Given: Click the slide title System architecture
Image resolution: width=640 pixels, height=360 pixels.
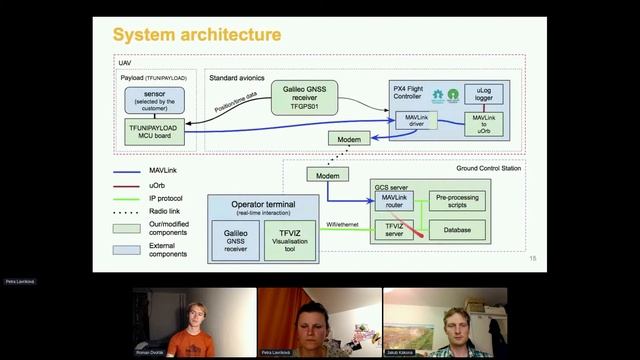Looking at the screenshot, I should point(196,35).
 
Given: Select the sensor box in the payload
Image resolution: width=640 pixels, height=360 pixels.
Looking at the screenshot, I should point(153,100).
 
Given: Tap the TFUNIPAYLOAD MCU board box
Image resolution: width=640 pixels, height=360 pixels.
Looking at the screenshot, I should point(153,131).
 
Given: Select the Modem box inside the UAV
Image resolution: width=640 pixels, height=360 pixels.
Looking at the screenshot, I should point(349,140).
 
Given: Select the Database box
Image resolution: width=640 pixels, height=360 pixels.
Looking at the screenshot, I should point(457,230).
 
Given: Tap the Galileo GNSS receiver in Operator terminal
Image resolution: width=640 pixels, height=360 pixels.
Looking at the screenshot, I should point(235,241).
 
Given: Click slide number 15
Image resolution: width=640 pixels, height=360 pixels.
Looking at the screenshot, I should point(532,260).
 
